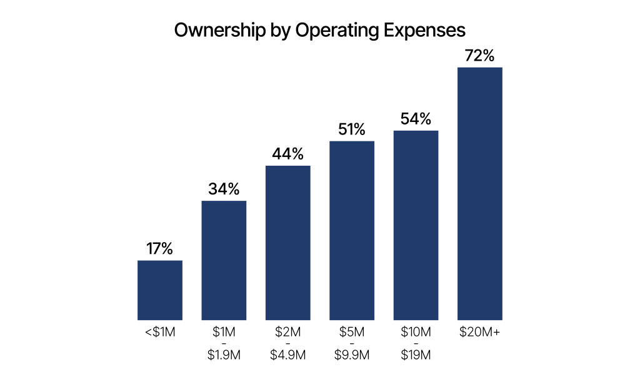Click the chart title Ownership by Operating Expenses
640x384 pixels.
click(319, 31)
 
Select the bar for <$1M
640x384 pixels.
click(160, 290)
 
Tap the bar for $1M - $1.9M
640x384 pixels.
click(224, 260)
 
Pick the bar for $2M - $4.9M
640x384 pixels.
click(288, 243)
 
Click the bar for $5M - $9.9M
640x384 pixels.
click(352, 231)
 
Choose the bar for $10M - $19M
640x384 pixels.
click(416, 225)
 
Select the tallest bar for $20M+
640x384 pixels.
click(480, 194)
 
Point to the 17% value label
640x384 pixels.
click(160, 248)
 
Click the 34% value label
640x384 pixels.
click(224, 189)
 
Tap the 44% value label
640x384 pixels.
click(288, 154)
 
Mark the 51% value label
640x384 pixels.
click(352, 129)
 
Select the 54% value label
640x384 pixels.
click(416, 119)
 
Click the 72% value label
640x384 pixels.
click(480, 56)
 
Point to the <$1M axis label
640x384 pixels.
click(160, 332)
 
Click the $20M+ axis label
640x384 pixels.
click(480, 332)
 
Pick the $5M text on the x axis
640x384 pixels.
click(352, 332)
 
